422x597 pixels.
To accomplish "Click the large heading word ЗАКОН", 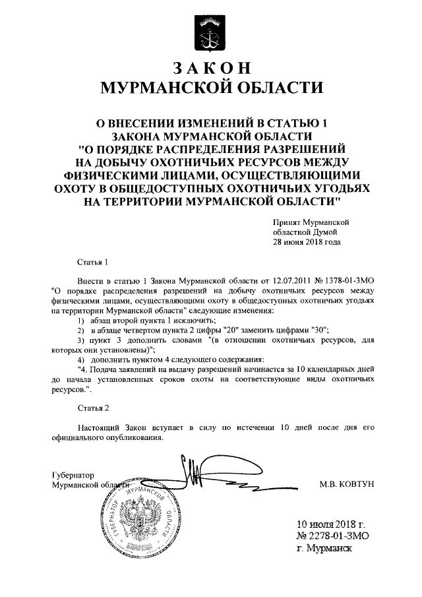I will [x=210, y=67].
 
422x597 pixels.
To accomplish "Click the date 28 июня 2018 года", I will [x=307, y=242].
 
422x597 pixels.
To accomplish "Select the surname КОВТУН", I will [x=353, y=485].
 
